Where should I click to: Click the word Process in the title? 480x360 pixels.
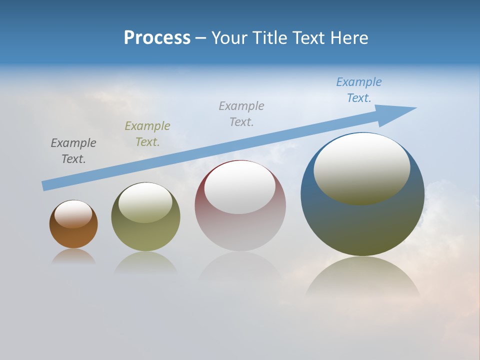pyautogui.click(x=157, y=38)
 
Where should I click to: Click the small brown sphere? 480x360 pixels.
pyautogui.click(x=73, y=235)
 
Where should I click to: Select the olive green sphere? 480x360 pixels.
pyautogui.click(x=145, y=235)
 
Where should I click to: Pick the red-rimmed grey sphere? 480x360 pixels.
pyautogui.click(x=240, y=230)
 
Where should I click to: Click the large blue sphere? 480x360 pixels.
pyautogui.click(x=362, y=225)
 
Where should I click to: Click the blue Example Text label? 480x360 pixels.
pyautogui.click(x=358, y=90)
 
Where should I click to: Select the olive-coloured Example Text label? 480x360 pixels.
pyautogui.click(x=147, y=134)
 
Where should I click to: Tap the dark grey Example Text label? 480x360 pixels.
pyautogui.click(x=73, y=151)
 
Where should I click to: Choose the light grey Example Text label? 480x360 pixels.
pyautogui.click(x=241, y=114)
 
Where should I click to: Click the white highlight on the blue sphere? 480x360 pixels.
pyautogui.click(x=361, y=169)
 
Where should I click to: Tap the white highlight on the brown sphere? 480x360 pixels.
pyautogui.click(x=73, y=214)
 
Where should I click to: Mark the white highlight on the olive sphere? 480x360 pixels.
pyautogui.click(x=145, y=202)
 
